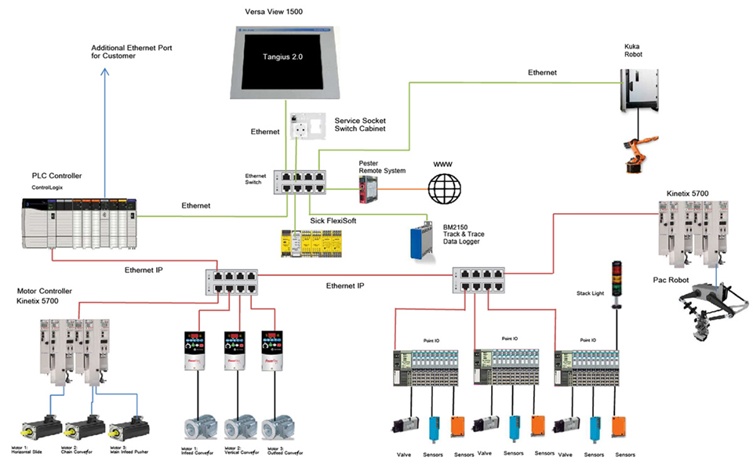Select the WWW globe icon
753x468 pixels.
tap(444, 188)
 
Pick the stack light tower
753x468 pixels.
tap(615, 281)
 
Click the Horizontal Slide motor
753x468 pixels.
tap(42, 427)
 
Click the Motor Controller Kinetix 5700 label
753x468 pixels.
tap(49, 294)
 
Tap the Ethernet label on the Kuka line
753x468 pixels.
tap(543, 72)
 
